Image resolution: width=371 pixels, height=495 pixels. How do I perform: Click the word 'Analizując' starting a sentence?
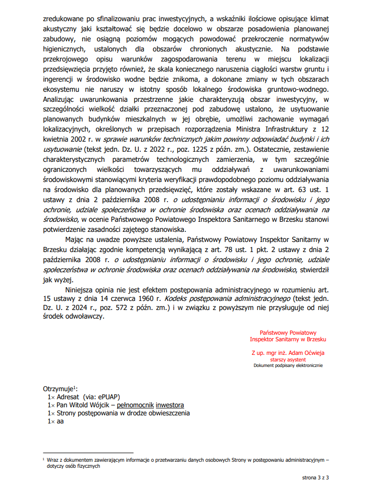click(x=61, y=100)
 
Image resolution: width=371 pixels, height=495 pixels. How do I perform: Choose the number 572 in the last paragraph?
click(x=120, y=307)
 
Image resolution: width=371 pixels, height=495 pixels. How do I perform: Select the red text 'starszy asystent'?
click(x=288, y=359)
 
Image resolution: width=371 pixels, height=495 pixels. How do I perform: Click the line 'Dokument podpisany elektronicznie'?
click(x=288, y=365)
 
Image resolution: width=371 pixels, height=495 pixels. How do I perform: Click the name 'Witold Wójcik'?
click(x=87, y=405)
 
